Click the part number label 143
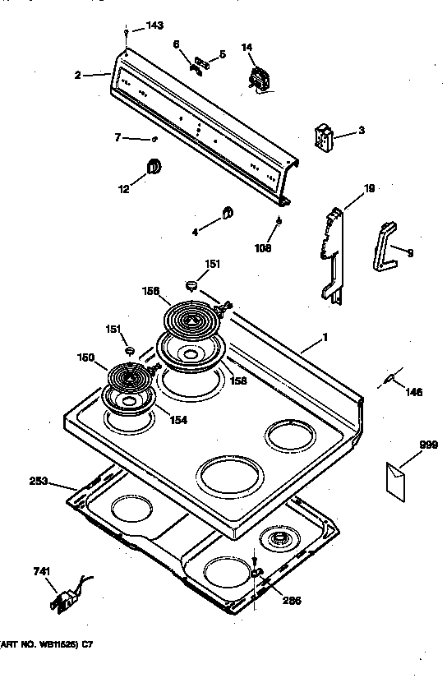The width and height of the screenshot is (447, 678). [155, 26]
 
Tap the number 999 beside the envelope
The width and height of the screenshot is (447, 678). [405, 445]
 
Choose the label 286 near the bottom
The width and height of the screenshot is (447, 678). [292, 600]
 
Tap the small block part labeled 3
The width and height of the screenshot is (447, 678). [325, 137]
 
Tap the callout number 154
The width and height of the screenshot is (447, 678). [177, 421]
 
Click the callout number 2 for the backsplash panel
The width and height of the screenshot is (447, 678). [77, 75]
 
